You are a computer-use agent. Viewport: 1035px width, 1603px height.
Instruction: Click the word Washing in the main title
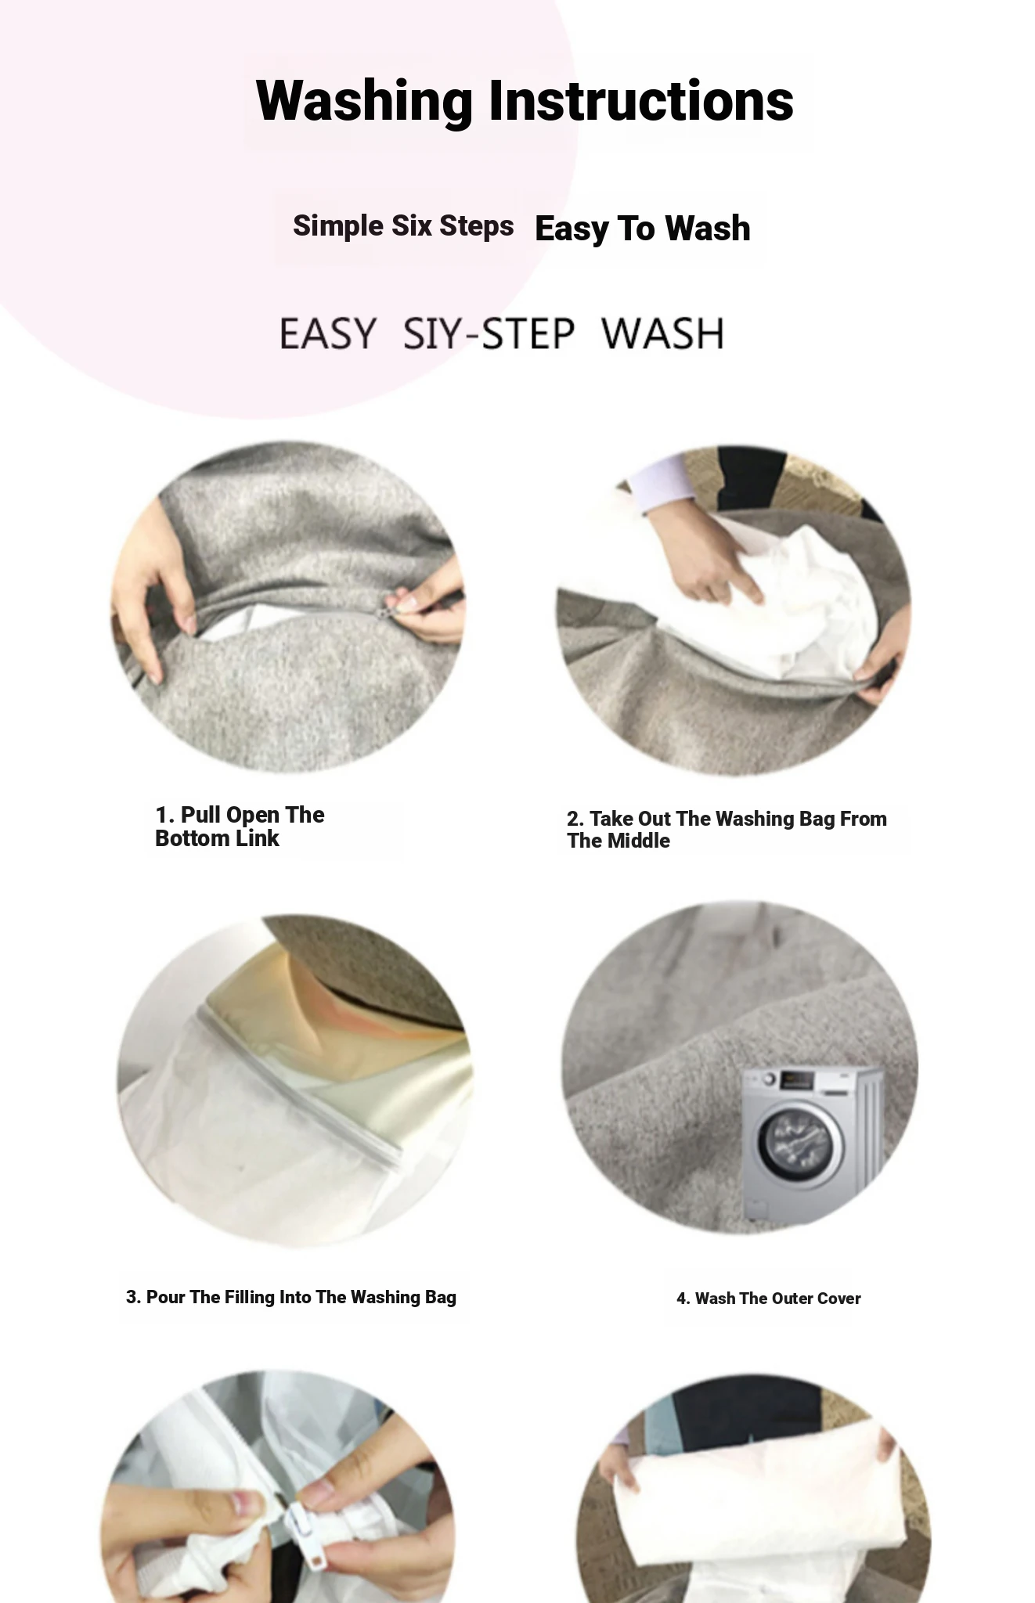coord(364,102)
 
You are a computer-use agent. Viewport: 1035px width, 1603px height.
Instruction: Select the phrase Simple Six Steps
coord(403,226)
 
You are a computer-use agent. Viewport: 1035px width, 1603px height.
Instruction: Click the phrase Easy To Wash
coord(643,229)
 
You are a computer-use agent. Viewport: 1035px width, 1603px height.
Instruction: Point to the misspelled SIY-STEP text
coord(489,333)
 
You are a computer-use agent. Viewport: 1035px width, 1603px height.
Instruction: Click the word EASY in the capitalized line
coord(327,333)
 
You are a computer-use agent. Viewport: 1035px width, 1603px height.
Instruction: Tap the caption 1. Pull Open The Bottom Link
coord(240,827)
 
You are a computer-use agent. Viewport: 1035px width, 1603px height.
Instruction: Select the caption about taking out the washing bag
coord(727,830)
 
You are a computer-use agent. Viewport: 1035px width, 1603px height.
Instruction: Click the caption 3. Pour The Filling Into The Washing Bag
coord(291,1297)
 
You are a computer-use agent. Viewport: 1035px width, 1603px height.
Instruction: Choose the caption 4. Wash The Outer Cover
coord(769,1299)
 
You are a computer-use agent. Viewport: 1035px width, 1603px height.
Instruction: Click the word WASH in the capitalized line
coord(663,333)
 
